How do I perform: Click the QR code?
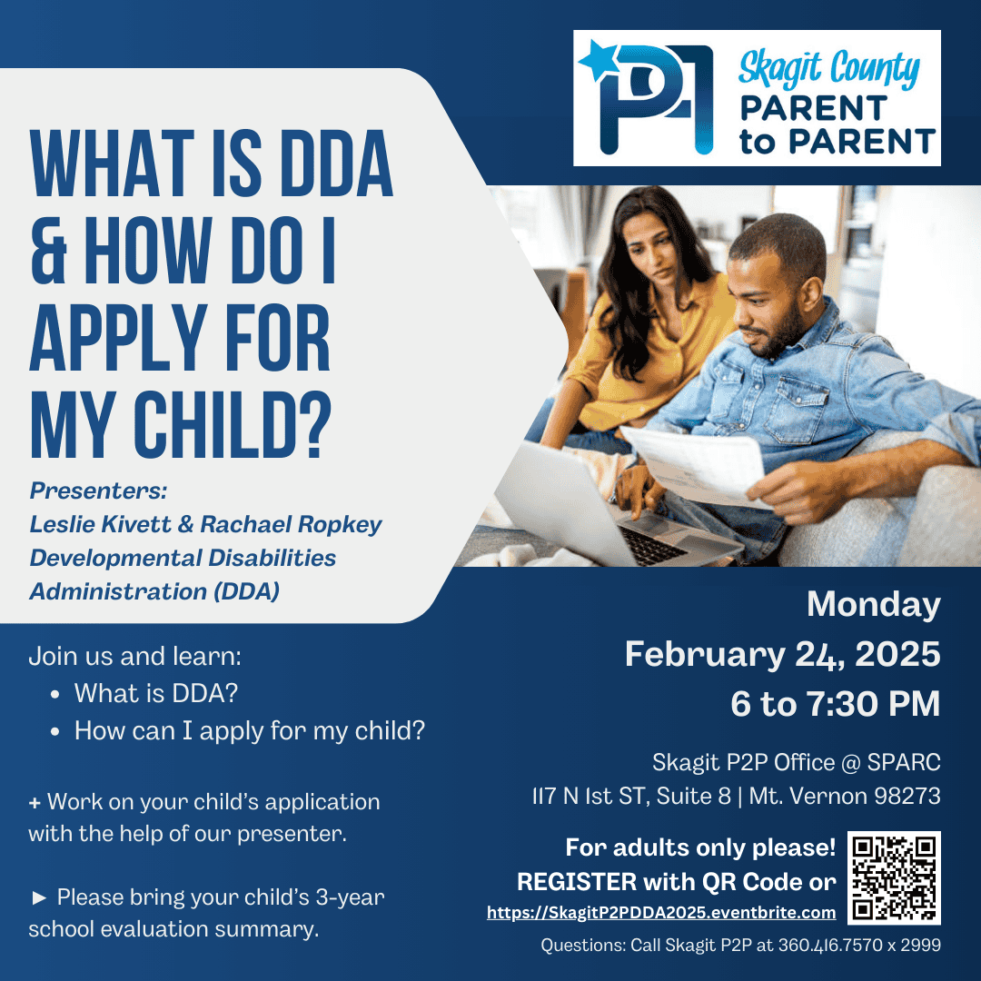[894, 877]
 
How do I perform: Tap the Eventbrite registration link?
[661, 913]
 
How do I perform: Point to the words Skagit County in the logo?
[829, 69]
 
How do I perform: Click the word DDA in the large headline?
[337, 163]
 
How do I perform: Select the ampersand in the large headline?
[49, 251]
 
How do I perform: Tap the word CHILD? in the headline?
[233, 425]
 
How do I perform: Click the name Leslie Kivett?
[100, 524]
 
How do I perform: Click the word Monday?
[874, 604]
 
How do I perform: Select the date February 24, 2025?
[783, 654]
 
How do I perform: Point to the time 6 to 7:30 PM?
[836, 703]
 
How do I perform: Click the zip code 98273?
[907, 796]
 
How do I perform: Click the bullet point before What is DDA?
[55, 695]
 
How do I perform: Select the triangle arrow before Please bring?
[39, 898]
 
